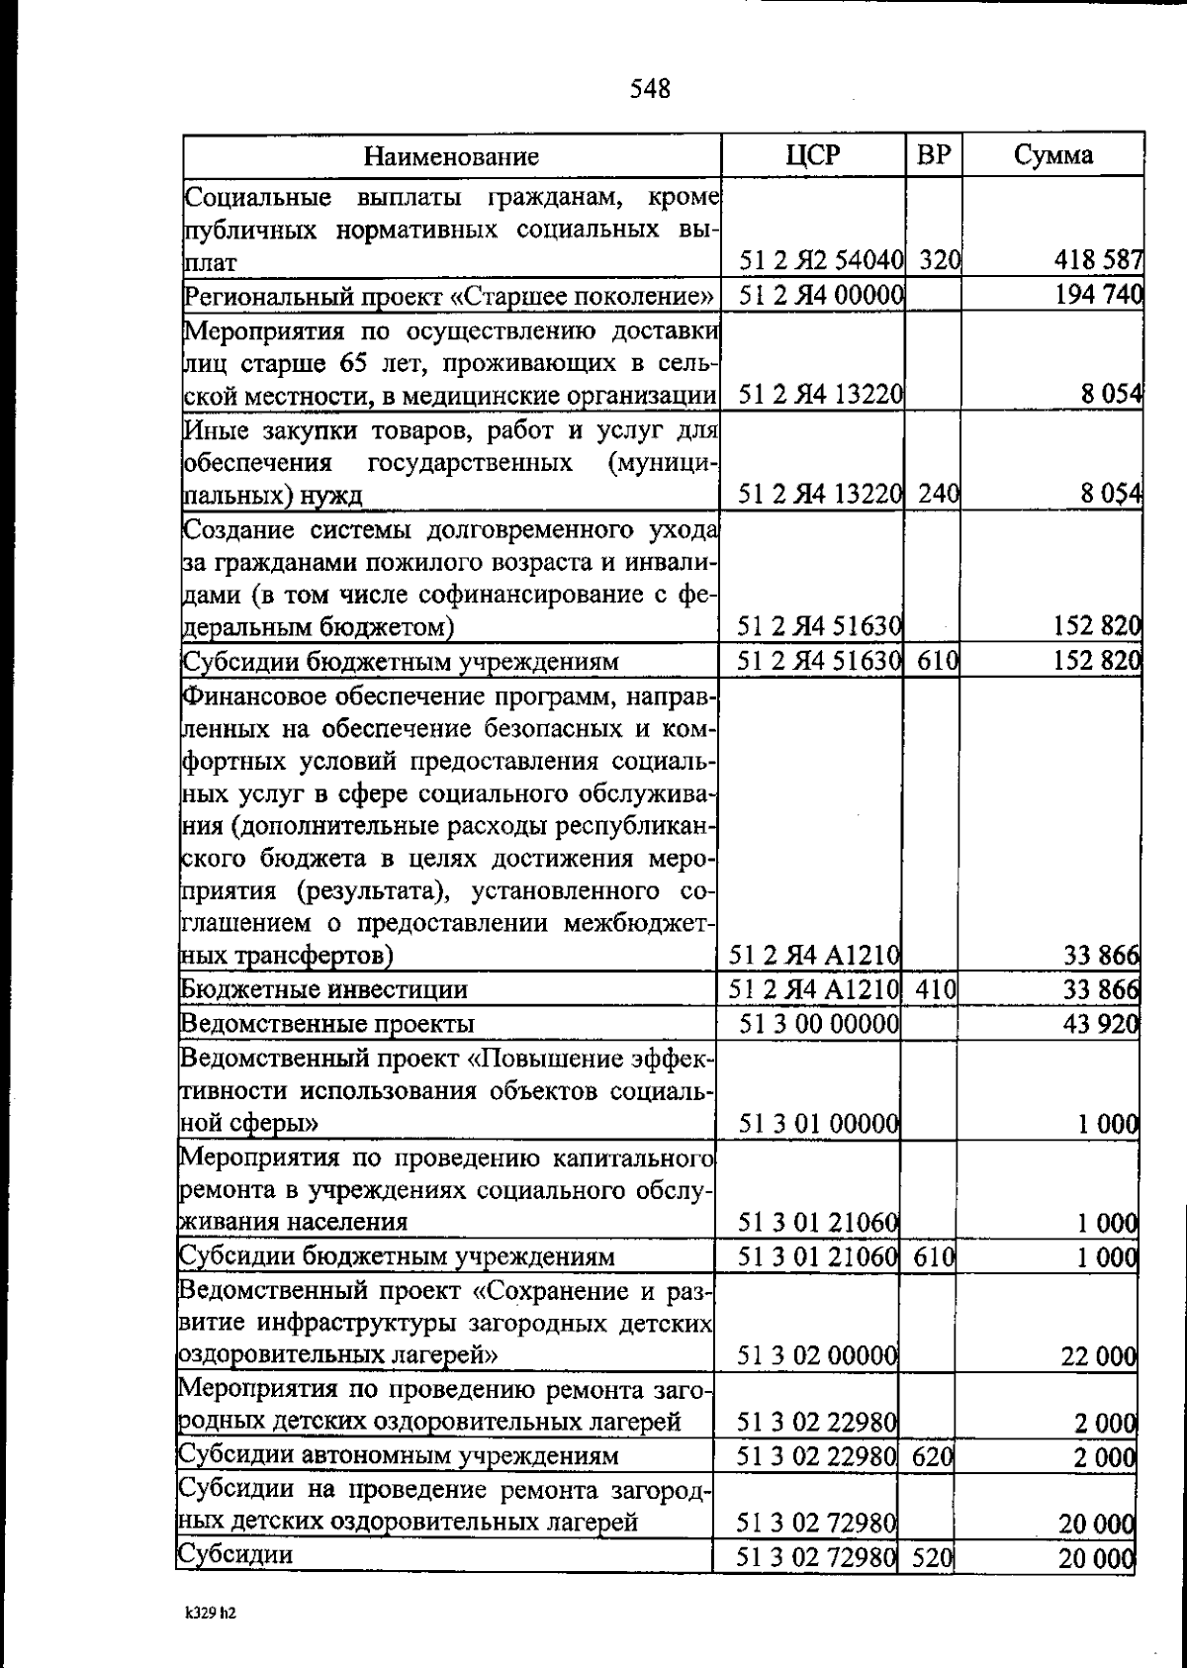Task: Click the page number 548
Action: (x=650, y=90)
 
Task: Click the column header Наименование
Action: (x=451, y=156)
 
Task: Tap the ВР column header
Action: (x=935, y=155)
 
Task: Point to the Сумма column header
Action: (x=1053, y=155)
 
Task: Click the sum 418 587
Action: (x=1098, y=261)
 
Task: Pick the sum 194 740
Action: (x=1098, y=295)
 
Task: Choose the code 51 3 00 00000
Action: (x=818, y=1023)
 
